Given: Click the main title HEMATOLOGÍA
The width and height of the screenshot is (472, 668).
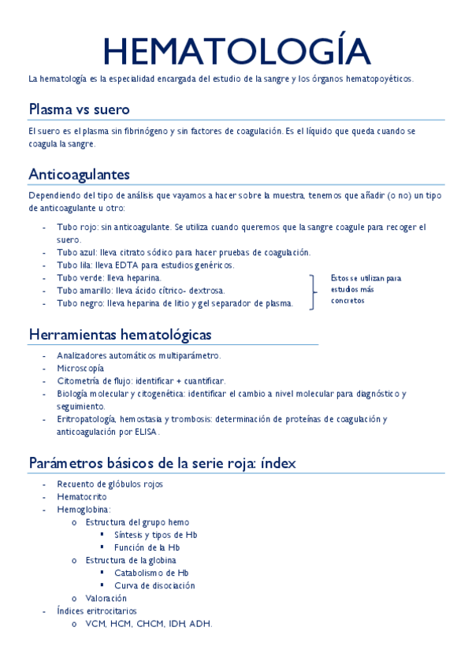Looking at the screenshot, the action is [236, 51].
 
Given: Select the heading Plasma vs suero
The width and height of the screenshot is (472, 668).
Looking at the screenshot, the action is [79, 109].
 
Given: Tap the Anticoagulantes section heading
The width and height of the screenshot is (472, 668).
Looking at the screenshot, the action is [79, 173].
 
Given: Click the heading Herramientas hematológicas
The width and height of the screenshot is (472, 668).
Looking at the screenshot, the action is [120, 335].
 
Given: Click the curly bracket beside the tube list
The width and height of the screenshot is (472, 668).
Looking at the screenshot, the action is [314, 291].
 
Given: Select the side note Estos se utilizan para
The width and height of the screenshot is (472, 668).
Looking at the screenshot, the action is [366, 278].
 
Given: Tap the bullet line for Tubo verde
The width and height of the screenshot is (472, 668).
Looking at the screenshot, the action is [109, 277].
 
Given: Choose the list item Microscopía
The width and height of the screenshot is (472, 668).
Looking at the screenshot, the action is [80, 368].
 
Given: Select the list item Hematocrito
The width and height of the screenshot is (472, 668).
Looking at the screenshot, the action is [81, 497].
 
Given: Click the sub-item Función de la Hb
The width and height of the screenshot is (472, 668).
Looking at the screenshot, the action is [147, 547].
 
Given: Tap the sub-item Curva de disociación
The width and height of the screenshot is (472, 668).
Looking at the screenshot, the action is [154, 585].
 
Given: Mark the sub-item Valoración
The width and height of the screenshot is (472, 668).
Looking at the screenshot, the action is [106, 598].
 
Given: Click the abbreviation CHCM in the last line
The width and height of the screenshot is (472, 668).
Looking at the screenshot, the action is [147, 623].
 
